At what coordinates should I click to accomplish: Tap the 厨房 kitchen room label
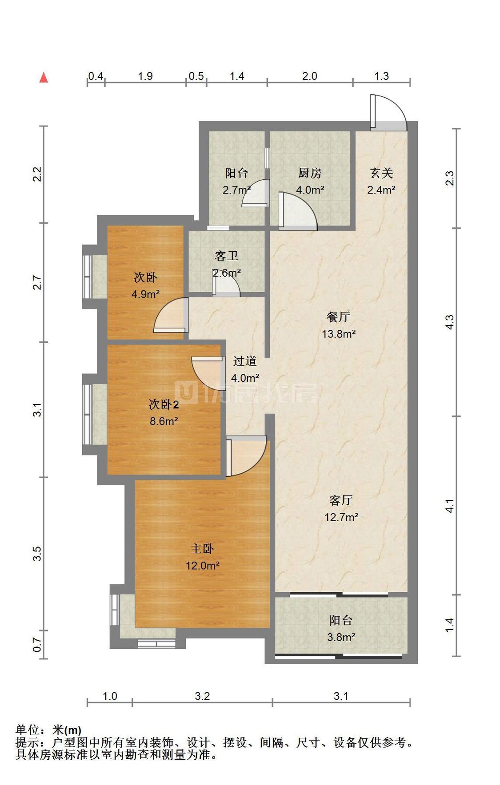pos(309,173)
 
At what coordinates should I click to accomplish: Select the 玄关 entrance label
pos(381,173)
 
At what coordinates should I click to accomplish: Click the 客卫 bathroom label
pos(226,256)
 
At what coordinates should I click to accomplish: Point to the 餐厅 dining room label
pos(338,317)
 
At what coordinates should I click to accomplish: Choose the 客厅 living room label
pos(341,500)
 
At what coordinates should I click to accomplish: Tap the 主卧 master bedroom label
pos(202,549)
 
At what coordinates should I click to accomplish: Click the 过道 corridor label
pos(245,361)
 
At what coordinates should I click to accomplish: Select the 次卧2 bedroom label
pos(164,404)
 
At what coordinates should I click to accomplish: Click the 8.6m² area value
pos(164,421)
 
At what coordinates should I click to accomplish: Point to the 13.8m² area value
pos(339,334)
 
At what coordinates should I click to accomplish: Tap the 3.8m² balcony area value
pos(341,638)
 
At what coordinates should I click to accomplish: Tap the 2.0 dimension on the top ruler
pos(310,76)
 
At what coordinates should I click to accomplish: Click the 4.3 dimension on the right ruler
pos(450,322)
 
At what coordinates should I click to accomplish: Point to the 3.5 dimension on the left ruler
pos(37,553)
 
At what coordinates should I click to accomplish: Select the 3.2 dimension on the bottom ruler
pos(202,696)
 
